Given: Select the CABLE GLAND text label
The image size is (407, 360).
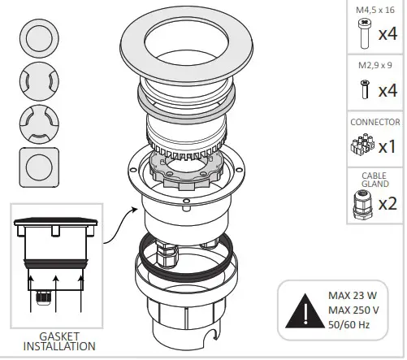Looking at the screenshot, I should click(374, 179).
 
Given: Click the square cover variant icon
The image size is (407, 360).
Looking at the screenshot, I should click(37, 167).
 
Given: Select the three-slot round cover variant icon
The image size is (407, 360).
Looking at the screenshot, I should click(37, 124).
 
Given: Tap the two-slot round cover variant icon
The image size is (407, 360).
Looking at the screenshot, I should click(37, 80).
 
